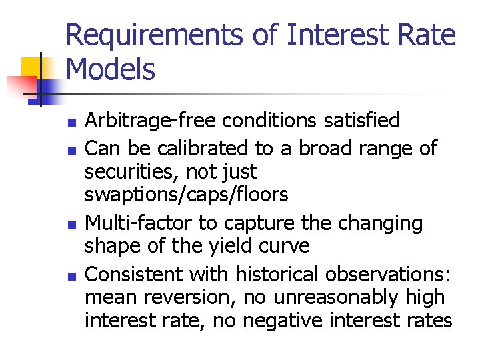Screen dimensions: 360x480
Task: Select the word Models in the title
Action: tap(111, 70)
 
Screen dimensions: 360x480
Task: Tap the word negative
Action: tap(286, 321)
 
